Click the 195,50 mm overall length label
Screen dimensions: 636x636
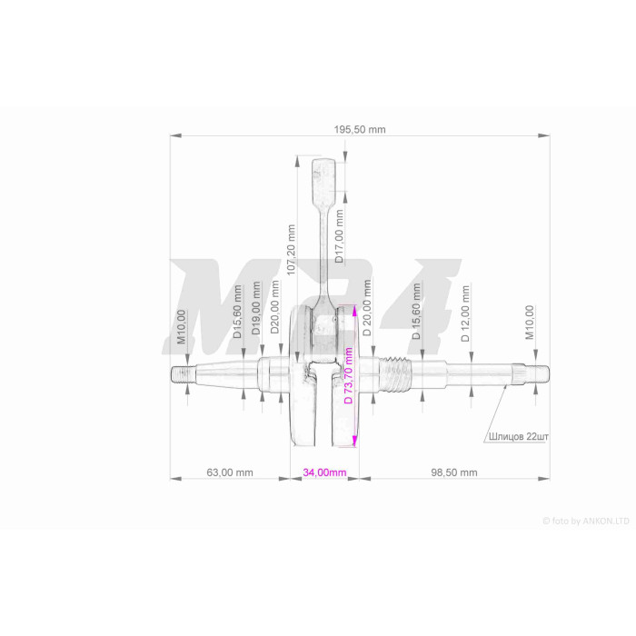360,129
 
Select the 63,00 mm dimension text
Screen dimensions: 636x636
230,472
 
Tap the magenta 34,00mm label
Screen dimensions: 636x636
324,472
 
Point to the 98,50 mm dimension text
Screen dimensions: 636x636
454,472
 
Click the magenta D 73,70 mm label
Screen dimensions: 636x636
348,375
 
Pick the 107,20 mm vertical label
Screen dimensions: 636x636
291,250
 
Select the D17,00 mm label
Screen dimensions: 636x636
339,235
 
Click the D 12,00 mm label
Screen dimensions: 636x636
465,313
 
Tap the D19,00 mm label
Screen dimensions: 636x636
256,308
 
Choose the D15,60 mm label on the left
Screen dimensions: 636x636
237,312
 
